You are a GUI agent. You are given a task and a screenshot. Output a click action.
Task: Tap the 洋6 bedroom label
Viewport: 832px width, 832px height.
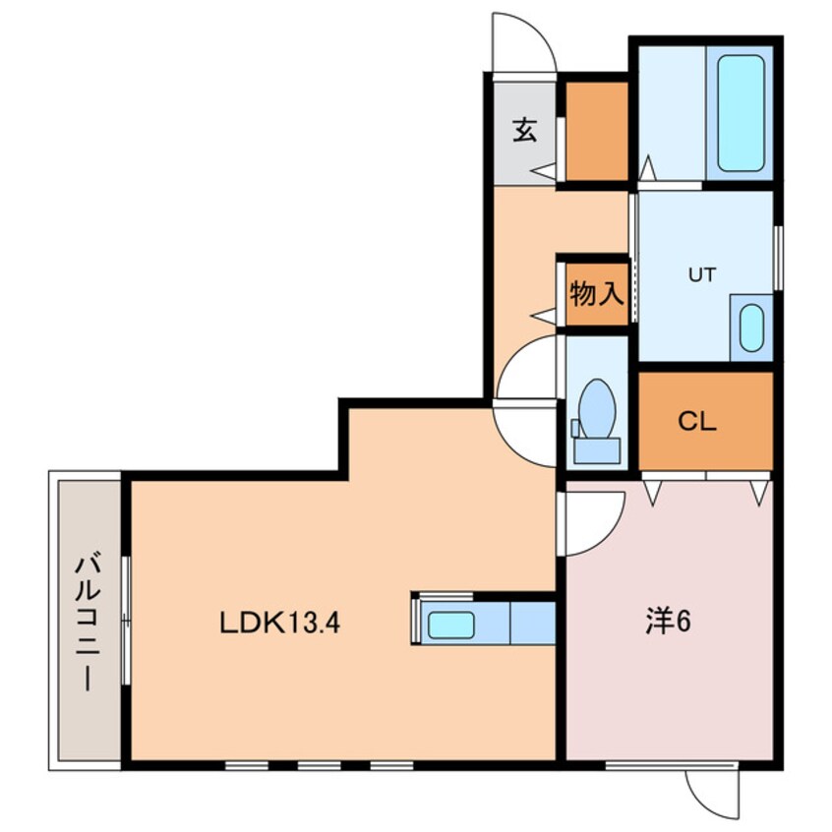click(x=668, y=621)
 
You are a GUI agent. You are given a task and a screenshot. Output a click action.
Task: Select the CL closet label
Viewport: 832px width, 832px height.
click(x=697, y=421)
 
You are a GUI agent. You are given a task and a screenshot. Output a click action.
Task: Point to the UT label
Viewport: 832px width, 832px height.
click(x=702, y=274)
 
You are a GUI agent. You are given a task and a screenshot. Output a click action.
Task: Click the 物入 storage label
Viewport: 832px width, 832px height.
click(x=597, y=293)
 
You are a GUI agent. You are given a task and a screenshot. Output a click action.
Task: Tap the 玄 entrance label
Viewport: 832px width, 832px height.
click(x=525, y=130)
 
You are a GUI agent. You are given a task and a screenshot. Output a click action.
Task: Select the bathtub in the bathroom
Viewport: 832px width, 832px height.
click(x=741, y=113)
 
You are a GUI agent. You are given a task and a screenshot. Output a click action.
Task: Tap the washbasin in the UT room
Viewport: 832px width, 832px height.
click(x=751, y=327)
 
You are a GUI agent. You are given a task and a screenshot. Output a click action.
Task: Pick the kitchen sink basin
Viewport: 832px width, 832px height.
click(x=451, y=625)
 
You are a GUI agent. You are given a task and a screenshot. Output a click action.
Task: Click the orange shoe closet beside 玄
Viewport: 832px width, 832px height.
click(x=597, y=131)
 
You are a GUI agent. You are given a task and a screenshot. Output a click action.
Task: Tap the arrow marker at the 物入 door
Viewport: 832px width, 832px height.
click(x=543, y=317)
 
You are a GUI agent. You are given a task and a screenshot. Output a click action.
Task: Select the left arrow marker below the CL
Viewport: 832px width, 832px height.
click(x=653, y=493)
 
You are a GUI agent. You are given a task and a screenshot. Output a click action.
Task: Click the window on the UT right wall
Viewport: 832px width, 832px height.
click(x=778, y=258)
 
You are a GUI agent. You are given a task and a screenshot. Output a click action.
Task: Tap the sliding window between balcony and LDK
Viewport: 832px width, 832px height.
click(x=126, y=621)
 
